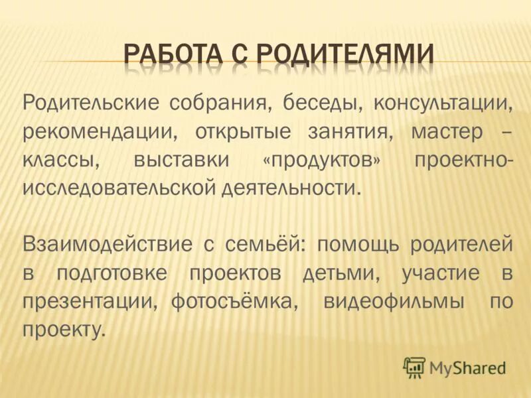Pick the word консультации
click(443, 104)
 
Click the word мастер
click(447, 132)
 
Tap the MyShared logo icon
click(414, 366)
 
